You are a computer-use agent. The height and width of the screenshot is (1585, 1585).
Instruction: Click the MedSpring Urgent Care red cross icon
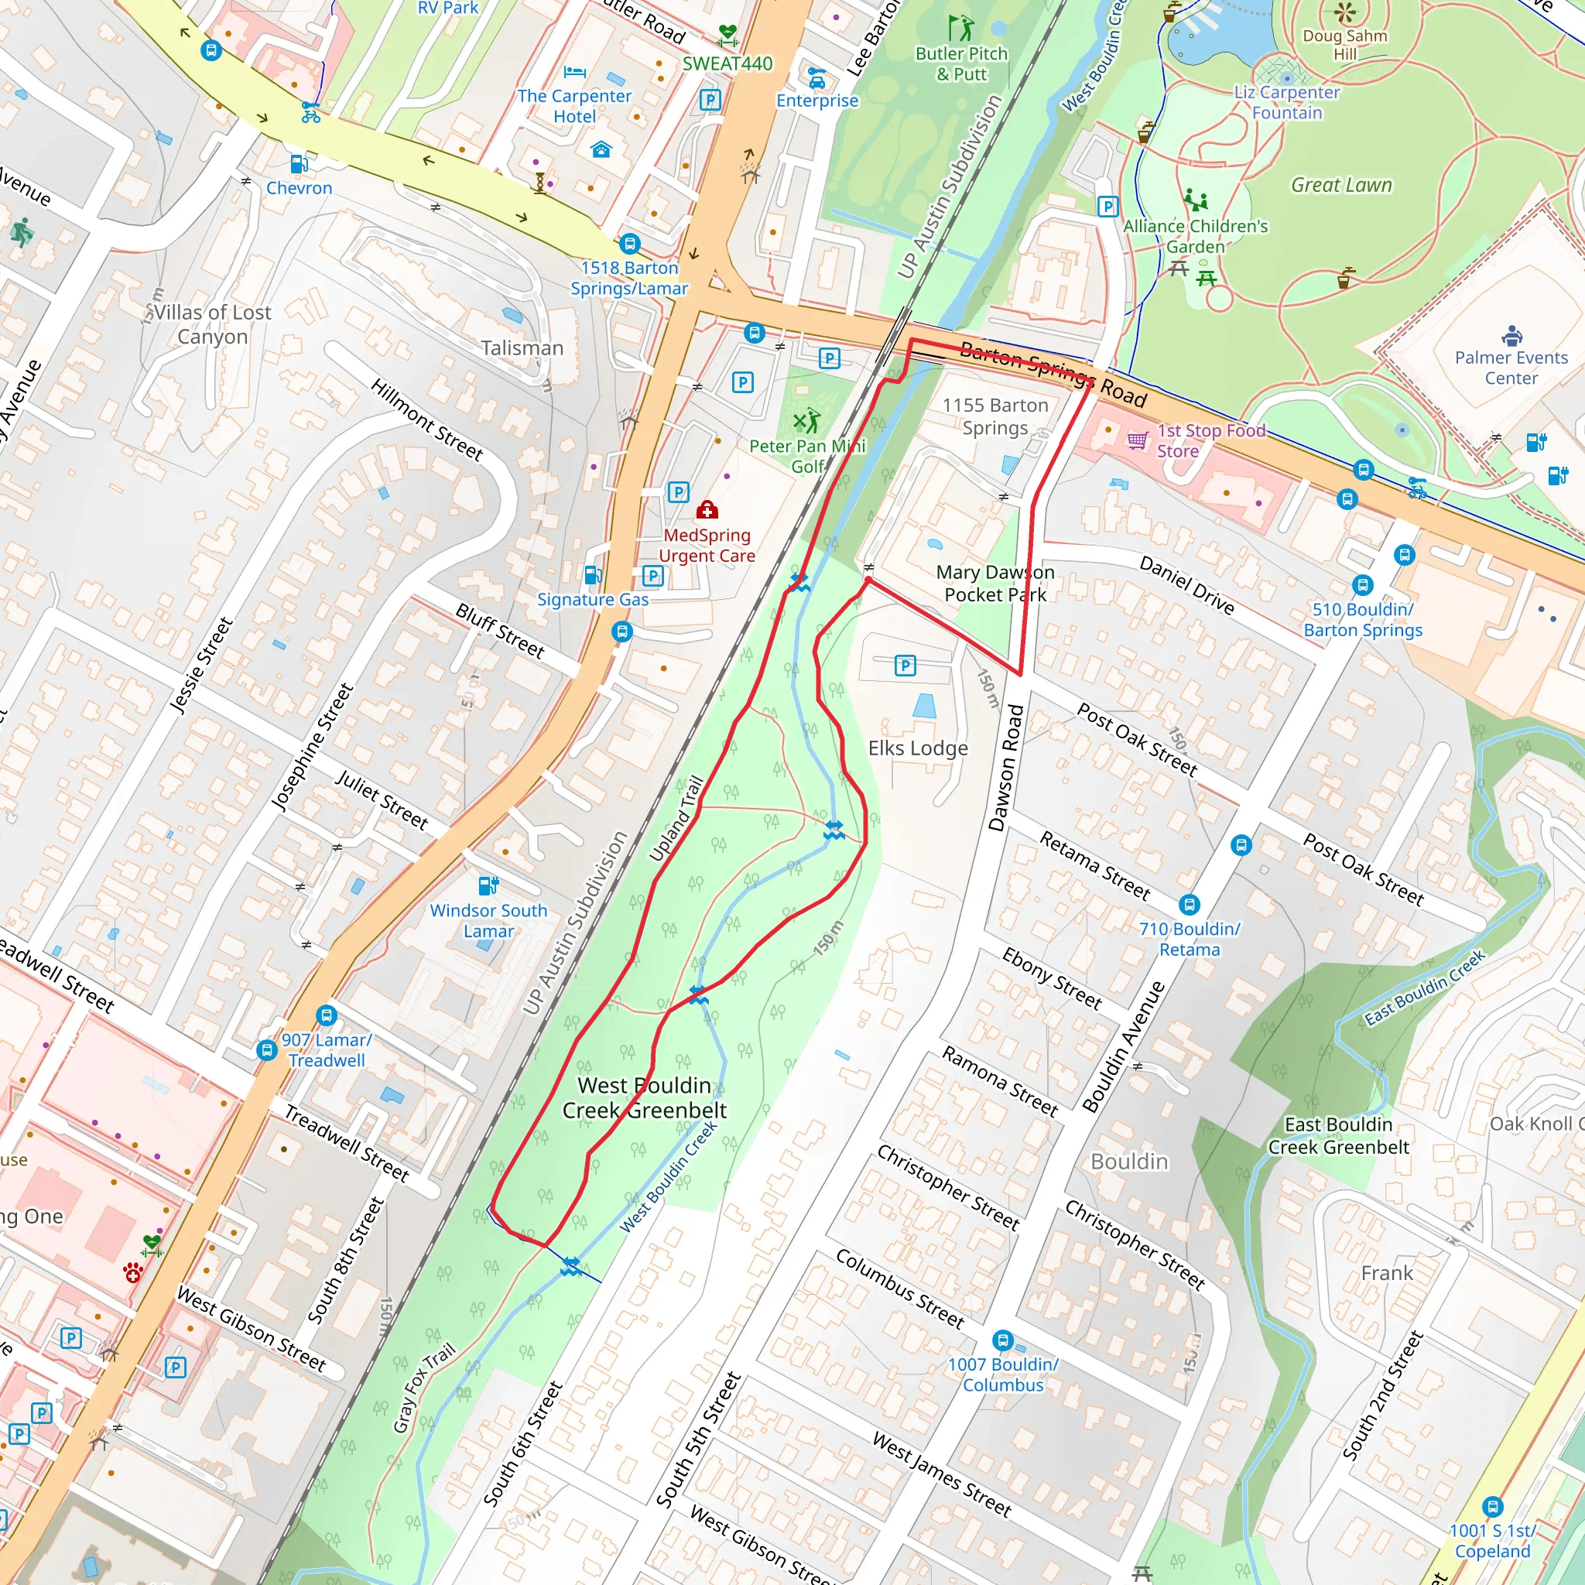click(707, 511)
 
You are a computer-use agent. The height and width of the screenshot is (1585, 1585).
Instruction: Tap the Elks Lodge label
click(918, 748)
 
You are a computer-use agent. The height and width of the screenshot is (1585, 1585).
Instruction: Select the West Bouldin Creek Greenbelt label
click(644, 1097)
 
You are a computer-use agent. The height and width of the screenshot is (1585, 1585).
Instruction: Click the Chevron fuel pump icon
click(299, 163)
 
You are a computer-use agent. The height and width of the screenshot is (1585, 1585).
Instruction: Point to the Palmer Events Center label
click(1511, 368)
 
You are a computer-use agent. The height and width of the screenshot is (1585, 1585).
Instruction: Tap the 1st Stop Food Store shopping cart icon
click(1137, 440)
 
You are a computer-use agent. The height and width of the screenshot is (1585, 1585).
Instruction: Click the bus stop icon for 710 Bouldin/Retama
click(1189, 905)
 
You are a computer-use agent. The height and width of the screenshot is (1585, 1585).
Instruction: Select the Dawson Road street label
click(1007, 768)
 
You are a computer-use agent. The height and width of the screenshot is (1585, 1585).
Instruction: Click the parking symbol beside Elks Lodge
click(905, 665)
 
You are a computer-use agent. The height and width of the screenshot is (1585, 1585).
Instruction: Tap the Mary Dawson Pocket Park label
click(995, 584)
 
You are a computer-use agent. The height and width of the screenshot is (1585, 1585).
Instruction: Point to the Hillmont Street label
click(426, 419)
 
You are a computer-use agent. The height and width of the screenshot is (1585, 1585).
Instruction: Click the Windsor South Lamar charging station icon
click(488, 885)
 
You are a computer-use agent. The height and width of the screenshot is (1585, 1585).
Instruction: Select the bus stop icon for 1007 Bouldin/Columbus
click(1002, 1340)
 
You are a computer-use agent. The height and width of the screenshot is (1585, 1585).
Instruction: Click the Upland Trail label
click(676, 819)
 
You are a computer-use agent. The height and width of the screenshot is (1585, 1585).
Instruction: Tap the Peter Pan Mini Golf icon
click(806, 422)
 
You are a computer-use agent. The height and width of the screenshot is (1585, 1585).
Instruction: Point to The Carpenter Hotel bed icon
click(574, 72)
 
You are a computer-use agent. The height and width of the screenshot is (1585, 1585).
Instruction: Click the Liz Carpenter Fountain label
click(1286, 103)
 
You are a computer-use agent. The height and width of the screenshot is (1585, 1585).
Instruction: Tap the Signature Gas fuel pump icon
click(593, 574)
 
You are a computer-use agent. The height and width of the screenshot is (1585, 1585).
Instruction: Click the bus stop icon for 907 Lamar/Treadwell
click(327, 1015)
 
